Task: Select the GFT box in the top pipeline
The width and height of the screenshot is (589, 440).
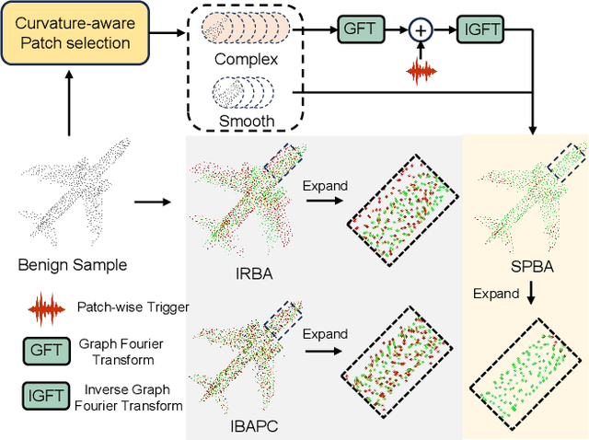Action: click(x=359, y=29)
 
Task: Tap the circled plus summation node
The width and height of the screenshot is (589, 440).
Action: click(x=421, y=30)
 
